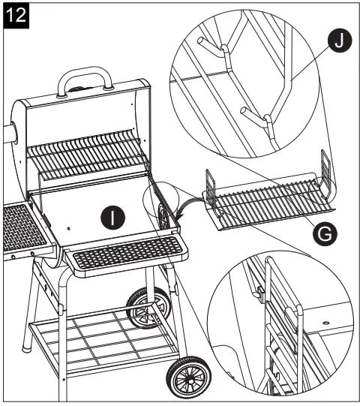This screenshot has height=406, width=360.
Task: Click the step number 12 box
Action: (x=16, y=15)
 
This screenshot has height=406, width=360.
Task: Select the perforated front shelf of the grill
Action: (x=124, y=252)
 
